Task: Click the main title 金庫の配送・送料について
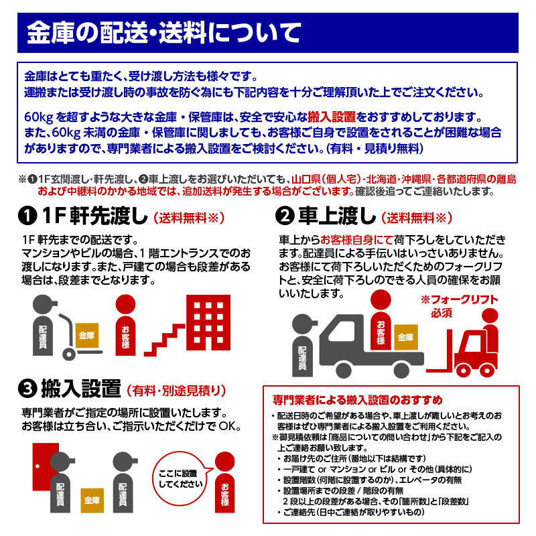click(164, 33)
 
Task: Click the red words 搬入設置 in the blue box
click(332, 117)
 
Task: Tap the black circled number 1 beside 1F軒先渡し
click(27, 216)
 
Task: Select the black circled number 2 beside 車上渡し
click(285, 216)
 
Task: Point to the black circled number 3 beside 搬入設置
click(27, 389)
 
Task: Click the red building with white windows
click(208, 322)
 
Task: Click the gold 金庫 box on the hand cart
click(87, 336)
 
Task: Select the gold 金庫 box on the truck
click(406, 338)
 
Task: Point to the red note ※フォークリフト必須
click(459, 306)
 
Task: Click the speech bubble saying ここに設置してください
click(181, 478)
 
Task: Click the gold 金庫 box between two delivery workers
click(92, 500)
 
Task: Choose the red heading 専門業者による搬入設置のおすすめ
click(358, 399)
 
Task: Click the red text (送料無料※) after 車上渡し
click(417, 218)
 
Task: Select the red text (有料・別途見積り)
click(176, 391)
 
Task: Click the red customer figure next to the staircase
click(125, 325)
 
